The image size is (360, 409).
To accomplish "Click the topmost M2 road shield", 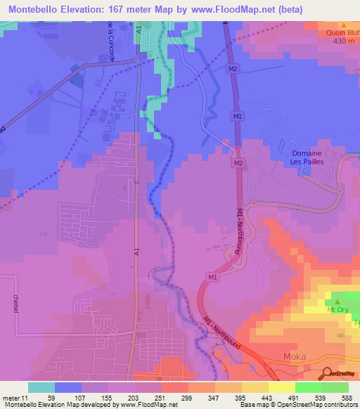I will pos(234,69).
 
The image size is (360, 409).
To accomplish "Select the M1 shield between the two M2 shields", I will pos(237,115).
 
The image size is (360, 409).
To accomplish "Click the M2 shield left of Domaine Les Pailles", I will pos(238,164).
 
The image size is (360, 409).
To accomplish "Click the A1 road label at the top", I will pos(140,30).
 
